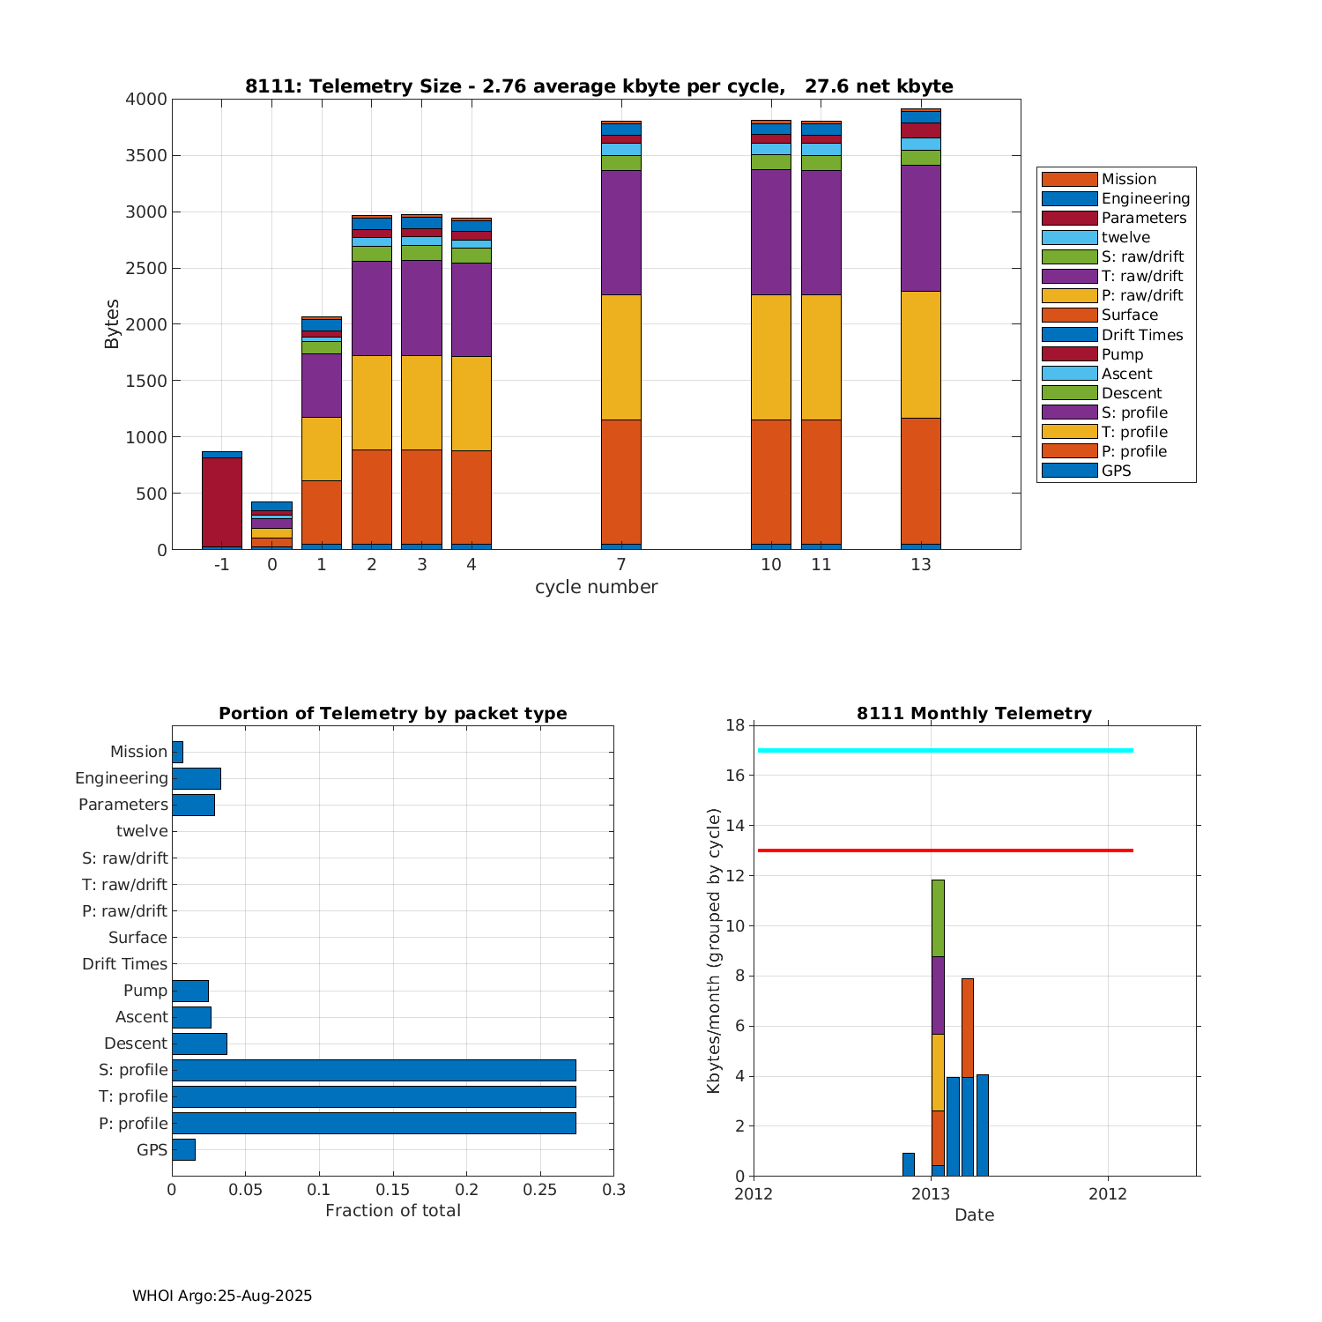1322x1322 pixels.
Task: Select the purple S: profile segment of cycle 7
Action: pyautogui.click(x=620, y=232)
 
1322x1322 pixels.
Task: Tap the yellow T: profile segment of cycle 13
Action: pyautogui.click(x=920, y=354)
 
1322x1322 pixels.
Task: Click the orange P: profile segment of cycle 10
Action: pyautogui.click(x=770, y=481)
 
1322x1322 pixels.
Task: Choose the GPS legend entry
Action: pyautogui.click(x=1116, y=471)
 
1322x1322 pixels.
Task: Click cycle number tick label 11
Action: pyautogui.click(x=821, y=565)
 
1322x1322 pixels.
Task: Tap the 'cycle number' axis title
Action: pyautogui.click(x=596, y=587)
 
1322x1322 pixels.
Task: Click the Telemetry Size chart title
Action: pyautogui.click(x=598, y=86)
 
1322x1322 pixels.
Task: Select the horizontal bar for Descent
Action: pyautogui.click(x=199, y=1043)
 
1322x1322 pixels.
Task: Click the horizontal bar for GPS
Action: pyautogui.click(x=183, y=1149)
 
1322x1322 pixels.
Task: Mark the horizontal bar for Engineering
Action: pyautogui.click(x=196, y=778)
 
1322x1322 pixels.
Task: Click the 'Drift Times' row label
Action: pyautogui.click(x=124, y=964)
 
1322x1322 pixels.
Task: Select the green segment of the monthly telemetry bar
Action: pyautogui.click(x=938, y=917)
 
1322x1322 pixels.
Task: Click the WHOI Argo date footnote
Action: pyautogui.click(x=222, y=1296)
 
